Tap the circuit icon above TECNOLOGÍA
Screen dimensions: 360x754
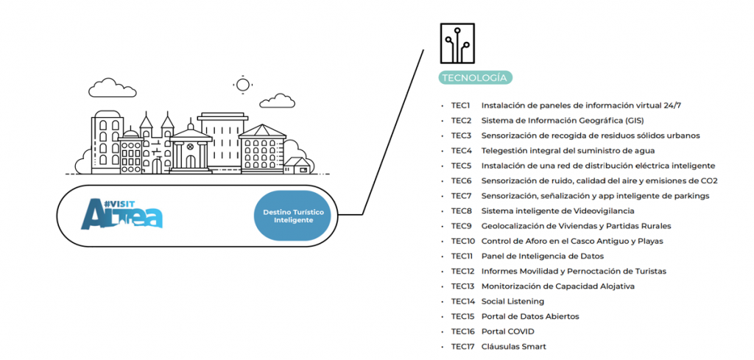pyautogui.click(x=457, y=43)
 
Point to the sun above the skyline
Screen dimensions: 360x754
pyautogui.click(x=242, y=84)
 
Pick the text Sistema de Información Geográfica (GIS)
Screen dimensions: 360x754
pyautogui.click(x=562, y=121)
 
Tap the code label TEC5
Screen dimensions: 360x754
pyautogui.click(x=461, y=166)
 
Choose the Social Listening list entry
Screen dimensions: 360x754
pyautogui.click(x=512, y=301)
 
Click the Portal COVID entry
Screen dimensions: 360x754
pyautogui.click(x=507, y=331)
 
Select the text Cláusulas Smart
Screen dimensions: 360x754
pyautogui.click(x=513, y=347)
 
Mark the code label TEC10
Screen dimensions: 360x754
pyautogui.click(x=462, y=241)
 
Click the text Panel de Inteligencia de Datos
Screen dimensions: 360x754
pyautogui.click(x=542, y=256)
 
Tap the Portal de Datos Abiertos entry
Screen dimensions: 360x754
pyautogui.click(x=530, y=317)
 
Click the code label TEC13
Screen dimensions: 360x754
pyautogui.click(x=462, y=286)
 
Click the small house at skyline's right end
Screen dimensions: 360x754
pyautogui.click(x=297, y=166)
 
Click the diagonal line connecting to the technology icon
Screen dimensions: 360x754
pyautogui.click(x=395, y=133)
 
